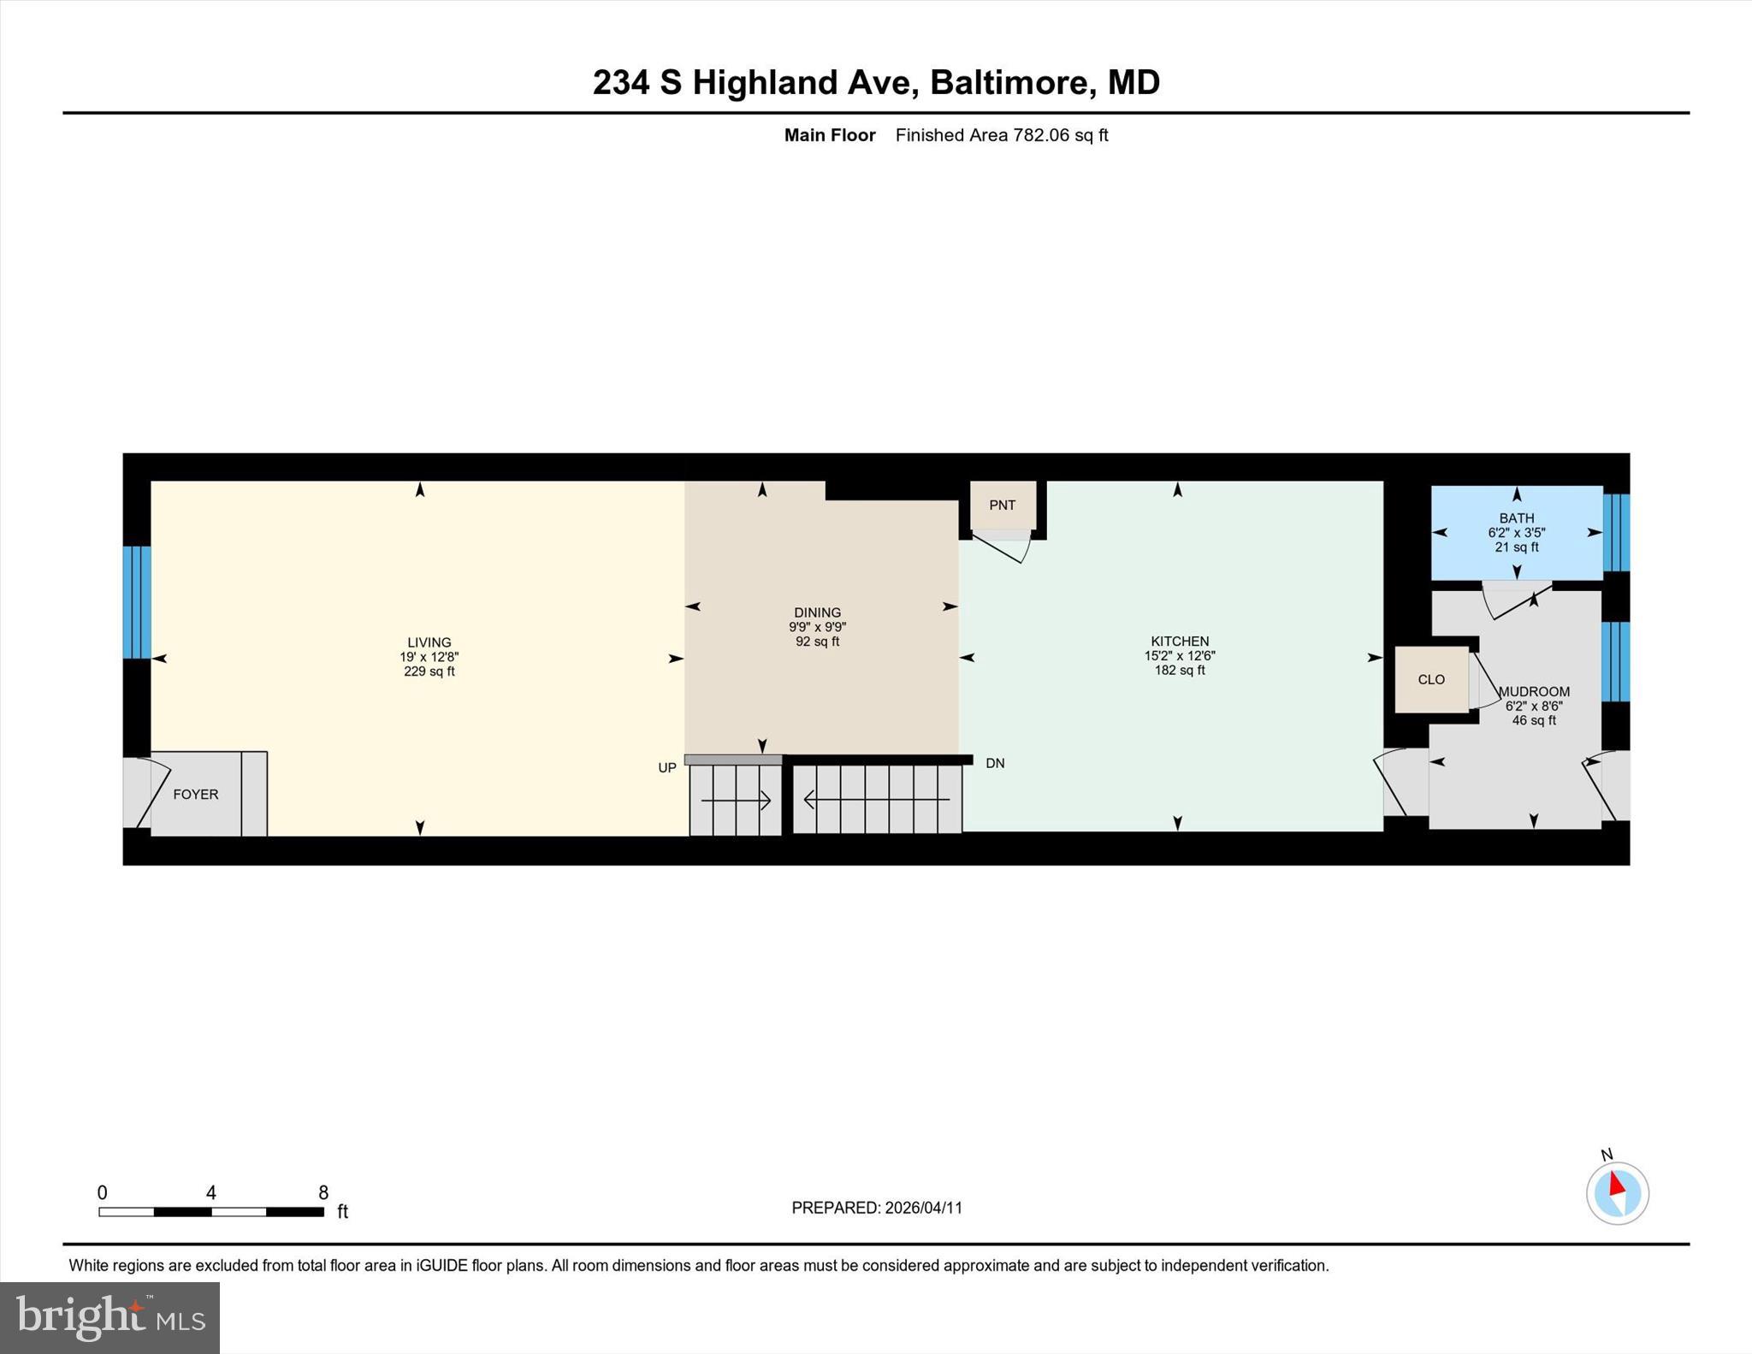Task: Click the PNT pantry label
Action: pyautogui.click(x=1002, y=506)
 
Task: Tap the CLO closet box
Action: pyautogui.click(x=1431, y=680)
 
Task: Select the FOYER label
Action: pyautogui.click(x=196, y=795)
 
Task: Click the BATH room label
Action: pyautogui.click(x=1516, y=518)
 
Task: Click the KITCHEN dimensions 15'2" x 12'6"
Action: pyautogui.click(x=1180, y=656)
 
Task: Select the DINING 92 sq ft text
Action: pyautogui.click(x=817, y=642)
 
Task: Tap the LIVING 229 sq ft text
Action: pyautogui.click(x=429, y=671)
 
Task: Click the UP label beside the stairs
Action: pyautogui.click(x=667, y=768)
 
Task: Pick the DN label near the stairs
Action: pyautogui.click(x=995, y=763)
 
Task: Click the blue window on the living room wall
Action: pyautogui.click(x=137, y=602)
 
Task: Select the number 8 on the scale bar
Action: pyautogui.click(x=323, y=1192)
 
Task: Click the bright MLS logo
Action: pyautogui.click(x=109, y=1317)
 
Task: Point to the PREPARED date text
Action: pyautogui.click(x=877, y=1208)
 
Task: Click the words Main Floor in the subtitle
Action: pyautogui.click(x=830, y=135)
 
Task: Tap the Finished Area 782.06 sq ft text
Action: pyautogui.click(x=1002, y=135)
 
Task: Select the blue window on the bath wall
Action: pyautogui.click(x=1616, y=533)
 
